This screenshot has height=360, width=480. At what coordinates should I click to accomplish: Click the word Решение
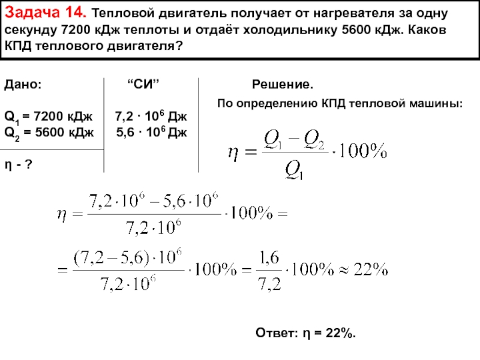pyautogui.click(x=282, y=85)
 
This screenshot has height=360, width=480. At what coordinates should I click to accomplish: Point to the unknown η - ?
pyautogui.click(x=18, y=164)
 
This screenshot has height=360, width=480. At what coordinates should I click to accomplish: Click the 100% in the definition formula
pyautogui.click(x=361, y=152)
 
